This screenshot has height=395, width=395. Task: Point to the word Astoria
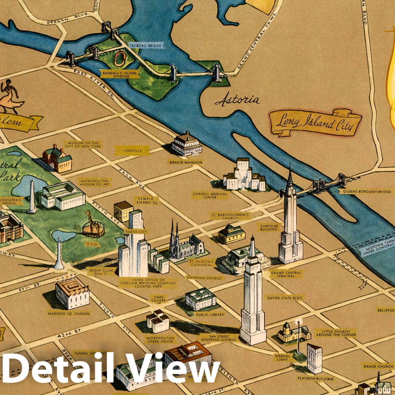click(237, 100)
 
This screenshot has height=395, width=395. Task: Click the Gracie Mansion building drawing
click(186, 144)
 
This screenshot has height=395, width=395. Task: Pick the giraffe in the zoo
click(91, 221)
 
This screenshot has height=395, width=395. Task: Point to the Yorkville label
click(132, 150)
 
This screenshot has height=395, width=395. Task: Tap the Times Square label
click(159, 299)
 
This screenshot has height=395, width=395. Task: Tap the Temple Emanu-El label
click(146, 201)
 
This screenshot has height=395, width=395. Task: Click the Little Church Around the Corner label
click(336, 333)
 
